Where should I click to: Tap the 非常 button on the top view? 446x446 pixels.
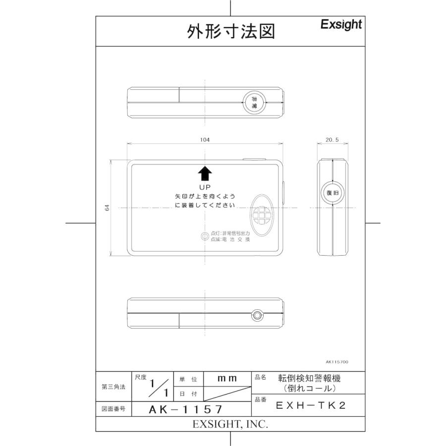click(x=254, y=102)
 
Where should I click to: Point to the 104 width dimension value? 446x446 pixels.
click(x=205, y=140)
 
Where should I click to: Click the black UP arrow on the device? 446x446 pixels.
click(x=205, y=173)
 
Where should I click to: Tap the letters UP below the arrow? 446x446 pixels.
click(x=205, y=187)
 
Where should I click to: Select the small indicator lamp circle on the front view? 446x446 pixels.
click(x=204, y=236)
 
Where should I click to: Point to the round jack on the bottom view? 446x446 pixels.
click(x=257, y=315)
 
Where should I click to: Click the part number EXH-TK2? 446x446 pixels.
click(x=310, y=405)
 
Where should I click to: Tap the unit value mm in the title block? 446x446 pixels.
click(x=227, y=379)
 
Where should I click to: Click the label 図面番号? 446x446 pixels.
click(x=113, y=409)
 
